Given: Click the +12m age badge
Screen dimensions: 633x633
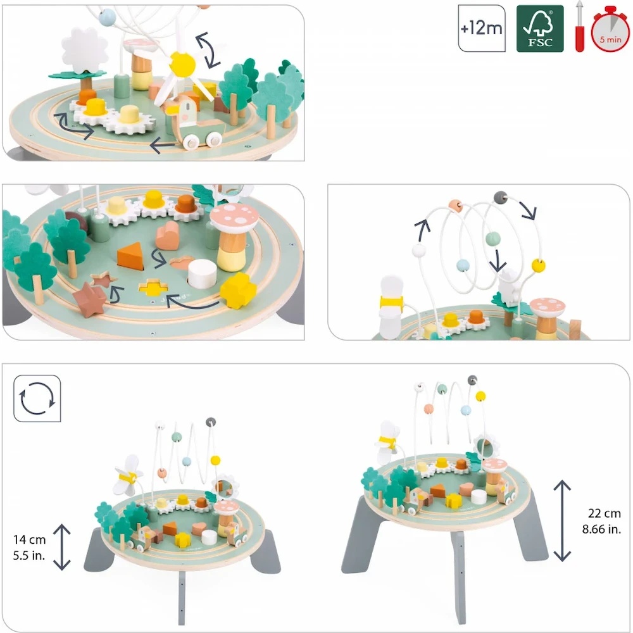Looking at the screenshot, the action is click(x=482, y=28).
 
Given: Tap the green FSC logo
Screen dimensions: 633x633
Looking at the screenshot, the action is click(x=540, y=28).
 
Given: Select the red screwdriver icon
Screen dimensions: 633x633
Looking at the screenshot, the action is click(x=579, y=27).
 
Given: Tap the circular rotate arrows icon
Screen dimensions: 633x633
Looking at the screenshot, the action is click(x=37, y=398).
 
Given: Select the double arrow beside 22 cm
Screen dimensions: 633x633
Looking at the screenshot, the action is click(x=562, y=521).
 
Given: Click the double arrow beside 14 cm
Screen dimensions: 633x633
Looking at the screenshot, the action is click(x=62, y=547).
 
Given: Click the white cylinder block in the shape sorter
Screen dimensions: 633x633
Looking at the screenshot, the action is click(x=203, y=273).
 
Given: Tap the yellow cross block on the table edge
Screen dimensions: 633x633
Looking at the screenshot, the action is click(x=238, y=291).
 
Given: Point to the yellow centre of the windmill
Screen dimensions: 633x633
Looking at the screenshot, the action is click(x=182, y=64).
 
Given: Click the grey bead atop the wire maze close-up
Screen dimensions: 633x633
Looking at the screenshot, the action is click(x=501, y=197).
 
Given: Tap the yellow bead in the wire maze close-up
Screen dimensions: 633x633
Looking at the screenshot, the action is click(x=538, y=265).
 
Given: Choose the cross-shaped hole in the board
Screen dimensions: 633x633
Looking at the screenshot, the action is click(x=153, y=287).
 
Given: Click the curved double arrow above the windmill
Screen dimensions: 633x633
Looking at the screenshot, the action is click(x=208, y=51).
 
